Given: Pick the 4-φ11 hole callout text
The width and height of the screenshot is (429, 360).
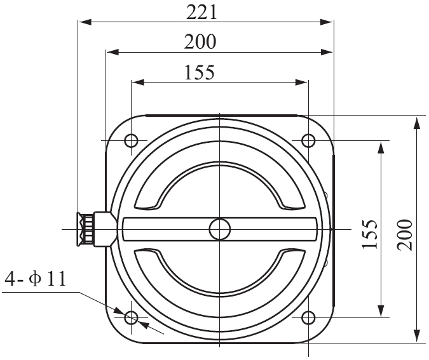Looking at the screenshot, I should [36, 279].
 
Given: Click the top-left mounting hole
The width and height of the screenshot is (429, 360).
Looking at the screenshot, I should [131, 140].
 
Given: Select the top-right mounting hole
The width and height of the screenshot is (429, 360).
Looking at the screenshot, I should [308, 140].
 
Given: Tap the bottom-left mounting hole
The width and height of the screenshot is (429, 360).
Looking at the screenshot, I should [132, 317].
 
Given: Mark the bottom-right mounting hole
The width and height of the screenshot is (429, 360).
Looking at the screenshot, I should [308, 317].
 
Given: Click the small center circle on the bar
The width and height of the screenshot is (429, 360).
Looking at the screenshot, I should [219, 229].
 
